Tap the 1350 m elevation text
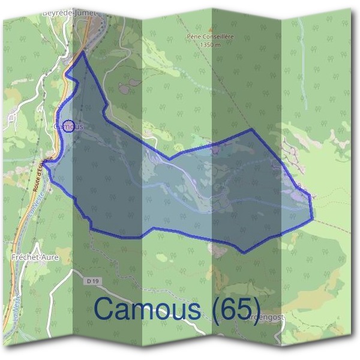pos(209,44)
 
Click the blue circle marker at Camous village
pos(68,126)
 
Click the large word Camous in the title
pos(148,309)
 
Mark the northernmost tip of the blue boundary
pos(83,53)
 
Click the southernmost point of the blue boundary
pos(244,253)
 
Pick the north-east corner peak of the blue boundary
pos(252,129)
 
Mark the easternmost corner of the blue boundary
pos(313,218)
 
